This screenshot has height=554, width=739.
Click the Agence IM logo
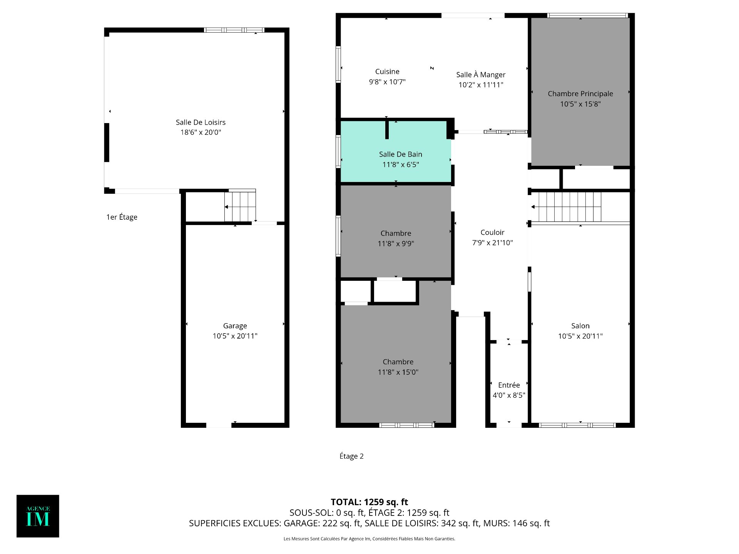(x=38, y=516)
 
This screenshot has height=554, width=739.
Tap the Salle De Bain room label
(x=401, y=154)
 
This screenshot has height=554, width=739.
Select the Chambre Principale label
(x=580, y=93)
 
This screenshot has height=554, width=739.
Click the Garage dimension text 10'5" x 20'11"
(x=235, y=336)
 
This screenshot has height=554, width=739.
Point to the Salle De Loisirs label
(x=201, y=122)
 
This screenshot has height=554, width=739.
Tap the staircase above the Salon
(x=566, y=207)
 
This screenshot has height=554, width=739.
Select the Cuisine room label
(x=387, y=72)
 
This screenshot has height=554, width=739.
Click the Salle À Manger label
(x=481, y=75)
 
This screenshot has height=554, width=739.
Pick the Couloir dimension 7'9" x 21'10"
(x=492, y=242)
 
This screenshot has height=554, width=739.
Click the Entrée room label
(x=509, y=385)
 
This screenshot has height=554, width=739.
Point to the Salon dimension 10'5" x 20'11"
(x=580, y=336)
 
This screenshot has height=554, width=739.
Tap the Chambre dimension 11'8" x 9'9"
(x=396, y=243)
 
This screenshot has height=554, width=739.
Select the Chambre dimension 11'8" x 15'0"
(x=398, y=372)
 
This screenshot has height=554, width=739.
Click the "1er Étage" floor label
(x=122, y=217)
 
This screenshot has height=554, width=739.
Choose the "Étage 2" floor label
(x=351, y=456)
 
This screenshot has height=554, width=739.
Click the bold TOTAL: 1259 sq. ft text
(x=369, y=502)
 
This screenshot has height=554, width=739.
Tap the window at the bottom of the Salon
(x=577, y=425)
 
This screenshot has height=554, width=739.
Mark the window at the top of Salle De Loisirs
(x=234, y=30)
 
